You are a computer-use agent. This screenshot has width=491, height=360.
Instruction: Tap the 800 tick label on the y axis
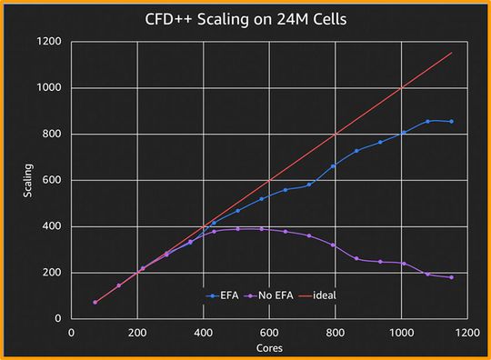click(51, 135)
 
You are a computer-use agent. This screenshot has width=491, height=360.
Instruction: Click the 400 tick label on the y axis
click(51, 226)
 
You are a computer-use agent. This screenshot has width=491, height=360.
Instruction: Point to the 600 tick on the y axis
click(51, 180)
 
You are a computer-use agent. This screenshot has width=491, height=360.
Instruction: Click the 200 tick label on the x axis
click(137, 333)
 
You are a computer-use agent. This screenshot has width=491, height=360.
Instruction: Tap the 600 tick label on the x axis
click(269, 333)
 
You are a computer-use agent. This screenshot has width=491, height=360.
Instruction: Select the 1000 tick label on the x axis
click(401, 333)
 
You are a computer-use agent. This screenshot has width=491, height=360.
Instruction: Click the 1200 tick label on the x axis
click(466, 333)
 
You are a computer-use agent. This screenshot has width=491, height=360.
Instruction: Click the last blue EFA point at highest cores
click(451, 121)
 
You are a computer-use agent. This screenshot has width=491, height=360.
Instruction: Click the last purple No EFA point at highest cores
click(451, 277)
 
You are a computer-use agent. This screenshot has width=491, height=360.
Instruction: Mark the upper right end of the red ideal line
click(452, 53)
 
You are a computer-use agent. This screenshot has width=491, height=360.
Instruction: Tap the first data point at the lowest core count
click(95, 302)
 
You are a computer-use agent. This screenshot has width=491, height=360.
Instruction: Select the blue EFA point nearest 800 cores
click(333, 165)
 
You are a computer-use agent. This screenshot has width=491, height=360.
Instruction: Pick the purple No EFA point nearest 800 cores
click(333, 245)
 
